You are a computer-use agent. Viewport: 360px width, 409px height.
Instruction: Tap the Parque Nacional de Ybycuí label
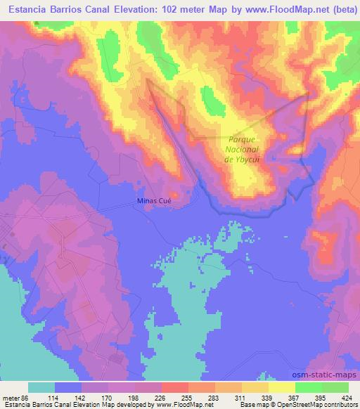(243, 149)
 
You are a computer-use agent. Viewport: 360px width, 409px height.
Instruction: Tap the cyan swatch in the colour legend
(41, 387)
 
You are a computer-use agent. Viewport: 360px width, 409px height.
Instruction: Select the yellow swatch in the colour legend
(281, 387)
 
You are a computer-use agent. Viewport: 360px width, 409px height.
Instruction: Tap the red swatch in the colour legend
(174, 387)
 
